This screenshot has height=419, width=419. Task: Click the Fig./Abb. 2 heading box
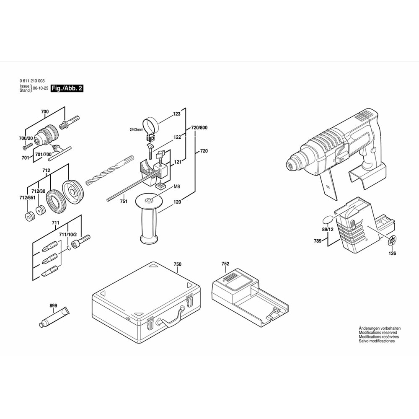pyautogui.click(x=67, y=88)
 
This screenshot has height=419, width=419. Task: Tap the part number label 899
pyautogui.click(x=53, y=306)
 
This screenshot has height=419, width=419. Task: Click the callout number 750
pyautogui.click(x=177, y=264)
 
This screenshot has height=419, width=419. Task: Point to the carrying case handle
pyautogui.click(x=171, y=317)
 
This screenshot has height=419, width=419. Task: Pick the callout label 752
pyautogui.click(x=225, y=264)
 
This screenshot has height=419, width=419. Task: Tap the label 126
pyautogui.click(x=392, y=253)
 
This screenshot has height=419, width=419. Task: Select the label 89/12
pyautogui.click(x=328, y=229)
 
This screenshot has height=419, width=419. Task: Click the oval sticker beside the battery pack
pyautogui.click(x=328, y=220)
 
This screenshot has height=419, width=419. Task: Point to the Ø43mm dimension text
pyautogui.click(x=136, y=129)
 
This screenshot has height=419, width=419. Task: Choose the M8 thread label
pyautogui.click(x=177, y=186)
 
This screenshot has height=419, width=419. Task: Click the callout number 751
pyautogui.click(x=124, y=202)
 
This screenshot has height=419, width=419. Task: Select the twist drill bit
pyautogui.click(x=110, y=170)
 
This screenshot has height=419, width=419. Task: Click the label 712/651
pyautogui.click(x=27, y=198)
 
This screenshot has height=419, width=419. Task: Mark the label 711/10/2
pyautogui.click(x=67, y=235)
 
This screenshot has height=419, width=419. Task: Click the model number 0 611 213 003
pyautogui.click(x=32, y=81)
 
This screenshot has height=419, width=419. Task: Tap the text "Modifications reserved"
pyautogui.click(x=378, y=333)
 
